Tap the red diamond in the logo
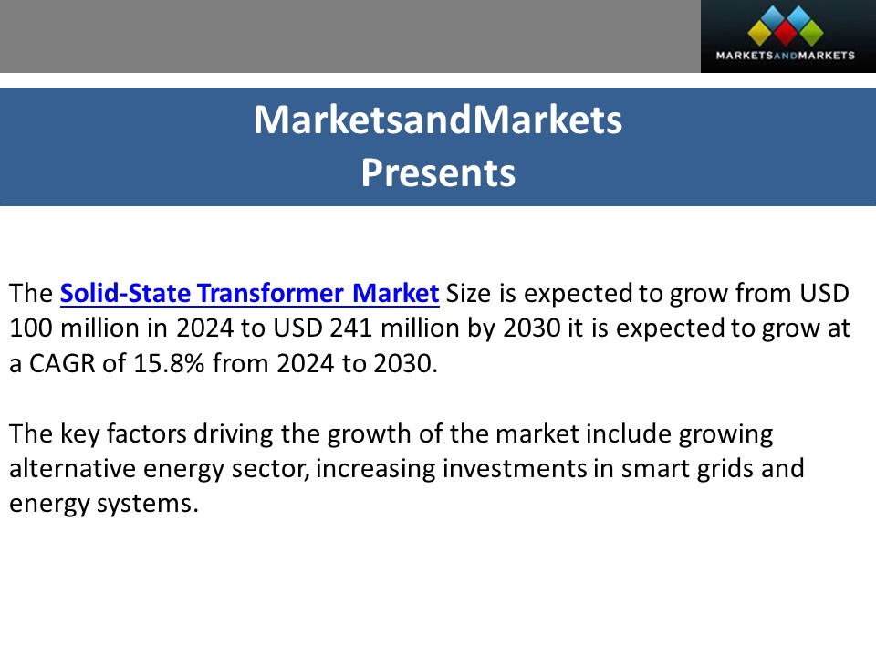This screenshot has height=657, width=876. point(787,32)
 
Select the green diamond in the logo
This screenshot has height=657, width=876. point(812,32)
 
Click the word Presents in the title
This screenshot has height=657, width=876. point(438,172)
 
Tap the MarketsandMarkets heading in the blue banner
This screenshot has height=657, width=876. point(438,120)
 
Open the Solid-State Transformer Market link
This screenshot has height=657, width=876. point(250,294)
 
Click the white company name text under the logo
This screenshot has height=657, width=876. point(787,56)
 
